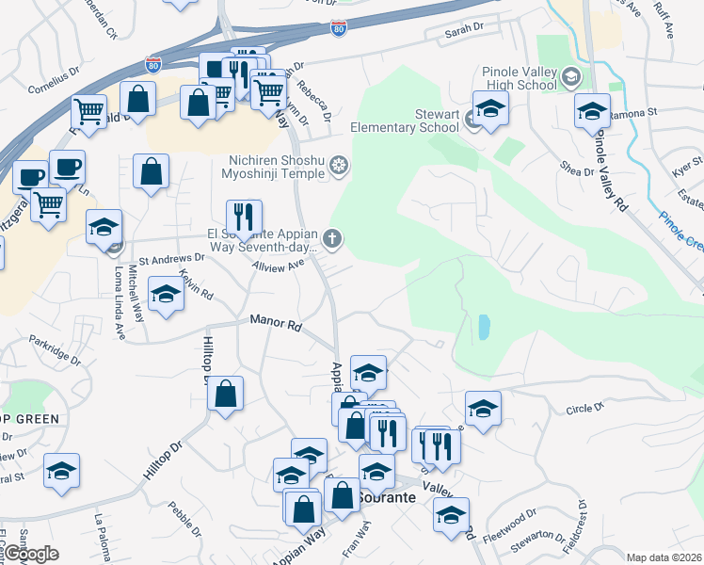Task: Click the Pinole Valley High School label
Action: pos(519,78)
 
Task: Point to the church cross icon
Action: pos(332,239)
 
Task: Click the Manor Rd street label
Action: pos(275,324)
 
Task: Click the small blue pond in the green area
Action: pos(484,327)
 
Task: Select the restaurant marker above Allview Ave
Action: pos(244,218)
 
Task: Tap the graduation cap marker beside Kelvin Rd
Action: pos(166,294)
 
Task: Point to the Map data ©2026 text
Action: pos(664,557)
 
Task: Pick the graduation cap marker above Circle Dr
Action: pos(483,409)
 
